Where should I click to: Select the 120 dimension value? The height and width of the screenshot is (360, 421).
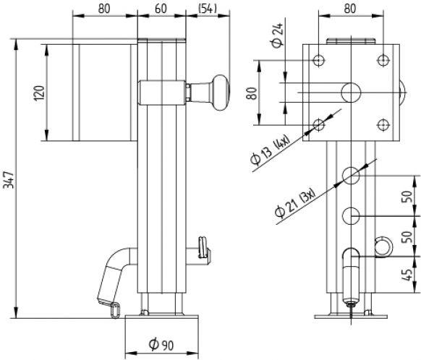[39, 92]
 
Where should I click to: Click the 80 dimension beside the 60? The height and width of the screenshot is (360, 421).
[105, 9]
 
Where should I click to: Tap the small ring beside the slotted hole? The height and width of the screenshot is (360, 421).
[382, 247]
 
